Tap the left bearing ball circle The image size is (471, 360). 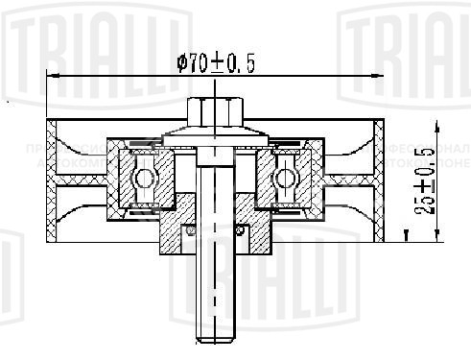click(142, 178)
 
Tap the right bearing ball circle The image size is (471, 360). click(285, 178)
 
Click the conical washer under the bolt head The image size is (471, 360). click(214, 134)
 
